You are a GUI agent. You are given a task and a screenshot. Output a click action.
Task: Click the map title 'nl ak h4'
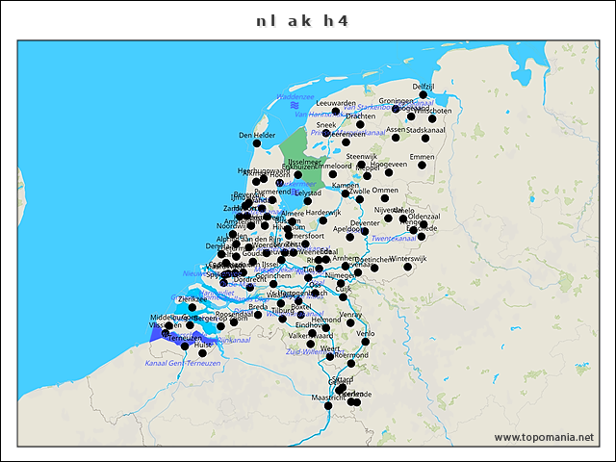coord(302,20)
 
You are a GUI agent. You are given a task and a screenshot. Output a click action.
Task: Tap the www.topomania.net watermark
coord(544,438)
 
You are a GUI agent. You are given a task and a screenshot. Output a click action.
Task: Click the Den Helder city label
coord(257,135)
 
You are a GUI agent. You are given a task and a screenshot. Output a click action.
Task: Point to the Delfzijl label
coord(424,87)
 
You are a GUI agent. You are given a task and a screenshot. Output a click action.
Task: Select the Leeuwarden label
coord(336,103)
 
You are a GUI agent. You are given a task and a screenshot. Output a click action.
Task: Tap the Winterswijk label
coord(408,258)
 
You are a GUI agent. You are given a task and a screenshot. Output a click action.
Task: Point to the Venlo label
coord(365,333)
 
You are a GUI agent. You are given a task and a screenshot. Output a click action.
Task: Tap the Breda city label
coord(258,306)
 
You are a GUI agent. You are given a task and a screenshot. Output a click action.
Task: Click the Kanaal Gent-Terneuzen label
coord(183,363)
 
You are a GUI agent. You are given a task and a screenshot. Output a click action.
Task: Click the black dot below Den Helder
coord(257,144)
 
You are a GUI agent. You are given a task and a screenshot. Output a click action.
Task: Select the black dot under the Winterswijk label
coord(408,267)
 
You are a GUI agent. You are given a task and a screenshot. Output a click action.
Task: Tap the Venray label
coord(350,314)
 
